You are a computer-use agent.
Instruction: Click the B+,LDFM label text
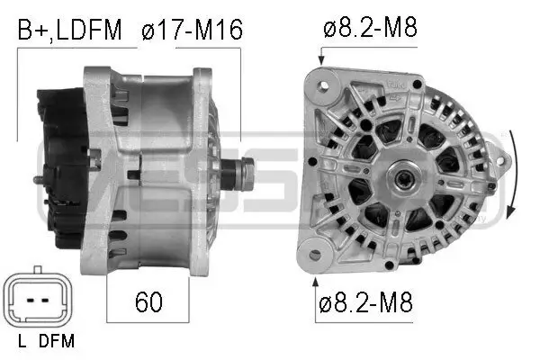(69, 31)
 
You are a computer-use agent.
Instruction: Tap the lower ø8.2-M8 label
(365, 302)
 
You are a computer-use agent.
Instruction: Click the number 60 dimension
(148, 302)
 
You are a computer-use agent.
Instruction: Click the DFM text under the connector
(57, 341)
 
